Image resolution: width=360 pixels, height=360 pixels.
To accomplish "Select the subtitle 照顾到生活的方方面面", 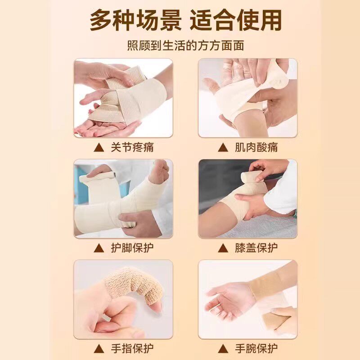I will [180, 45].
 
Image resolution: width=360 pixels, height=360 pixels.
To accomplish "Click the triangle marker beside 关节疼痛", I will [99, 148].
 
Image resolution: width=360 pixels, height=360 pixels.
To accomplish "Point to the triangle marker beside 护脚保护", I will [99, 248].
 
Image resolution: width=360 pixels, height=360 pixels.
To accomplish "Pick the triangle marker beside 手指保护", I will [99, 348].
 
